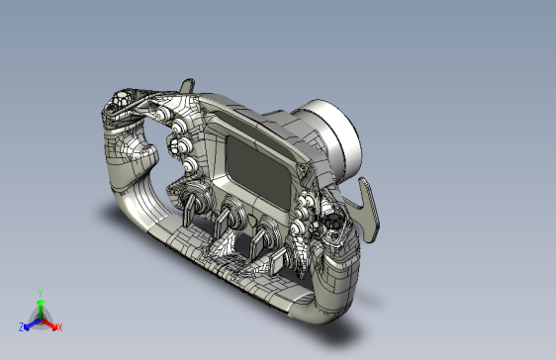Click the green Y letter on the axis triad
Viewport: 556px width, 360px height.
click(x=40, y=293)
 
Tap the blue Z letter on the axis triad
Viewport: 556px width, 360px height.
click(x=21, y=326)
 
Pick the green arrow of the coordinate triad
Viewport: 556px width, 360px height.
click(x=40, y=307)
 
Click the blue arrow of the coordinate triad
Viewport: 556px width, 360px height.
click(x=30, y=323)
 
